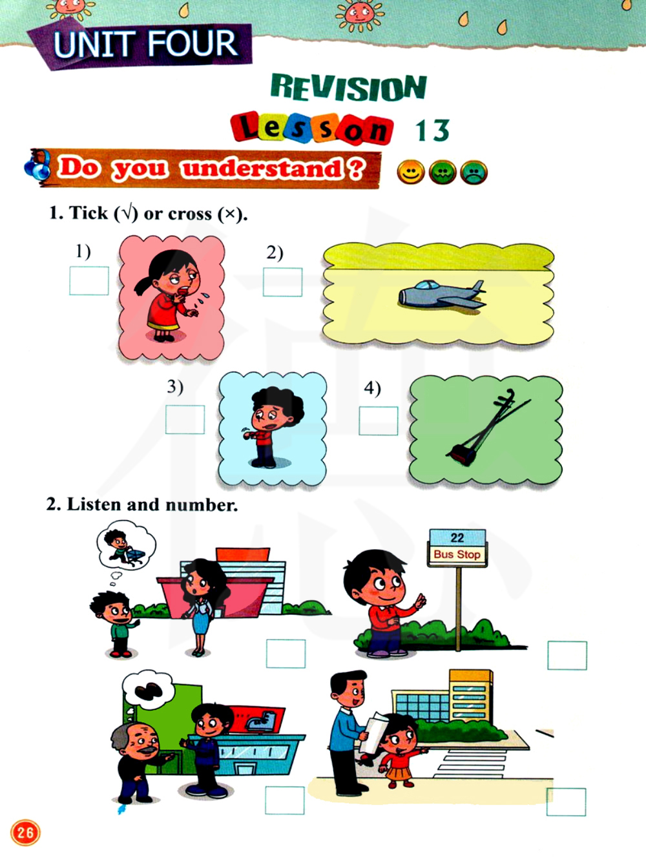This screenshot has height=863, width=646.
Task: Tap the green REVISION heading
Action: [x=348, y=87]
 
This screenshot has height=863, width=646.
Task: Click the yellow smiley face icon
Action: [x=411, y=172]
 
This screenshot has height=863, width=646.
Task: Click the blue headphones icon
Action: [x=37, y=165]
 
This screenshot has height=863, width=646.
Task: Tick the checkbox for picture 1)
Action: [x=89, y=281]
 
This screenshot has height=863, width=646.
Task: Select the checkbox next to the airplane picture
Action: [x=283, y=282]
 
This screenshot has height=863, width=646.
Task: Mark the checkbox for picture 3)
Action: [x=185, y=419]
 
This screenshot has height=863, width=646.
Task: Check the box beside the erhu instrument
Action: [x=379, y=421]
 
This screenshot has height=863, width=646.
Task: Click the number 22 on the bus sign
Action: [x=457, y=538]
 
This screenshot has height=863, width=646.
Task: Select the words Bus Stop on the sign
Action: [x=457, y=554]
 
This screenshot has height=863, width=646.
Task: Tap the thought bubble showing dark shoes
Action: [x=148, y=691]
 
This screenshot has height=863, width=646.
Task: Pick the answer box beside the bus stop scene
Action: [x=567, y=656]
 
